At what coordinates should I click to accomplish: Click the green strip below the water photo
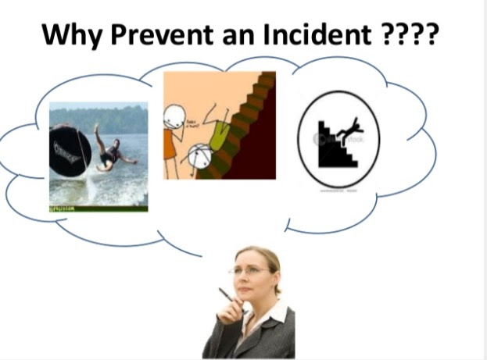pyautogui.click(x=98, y=209)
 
